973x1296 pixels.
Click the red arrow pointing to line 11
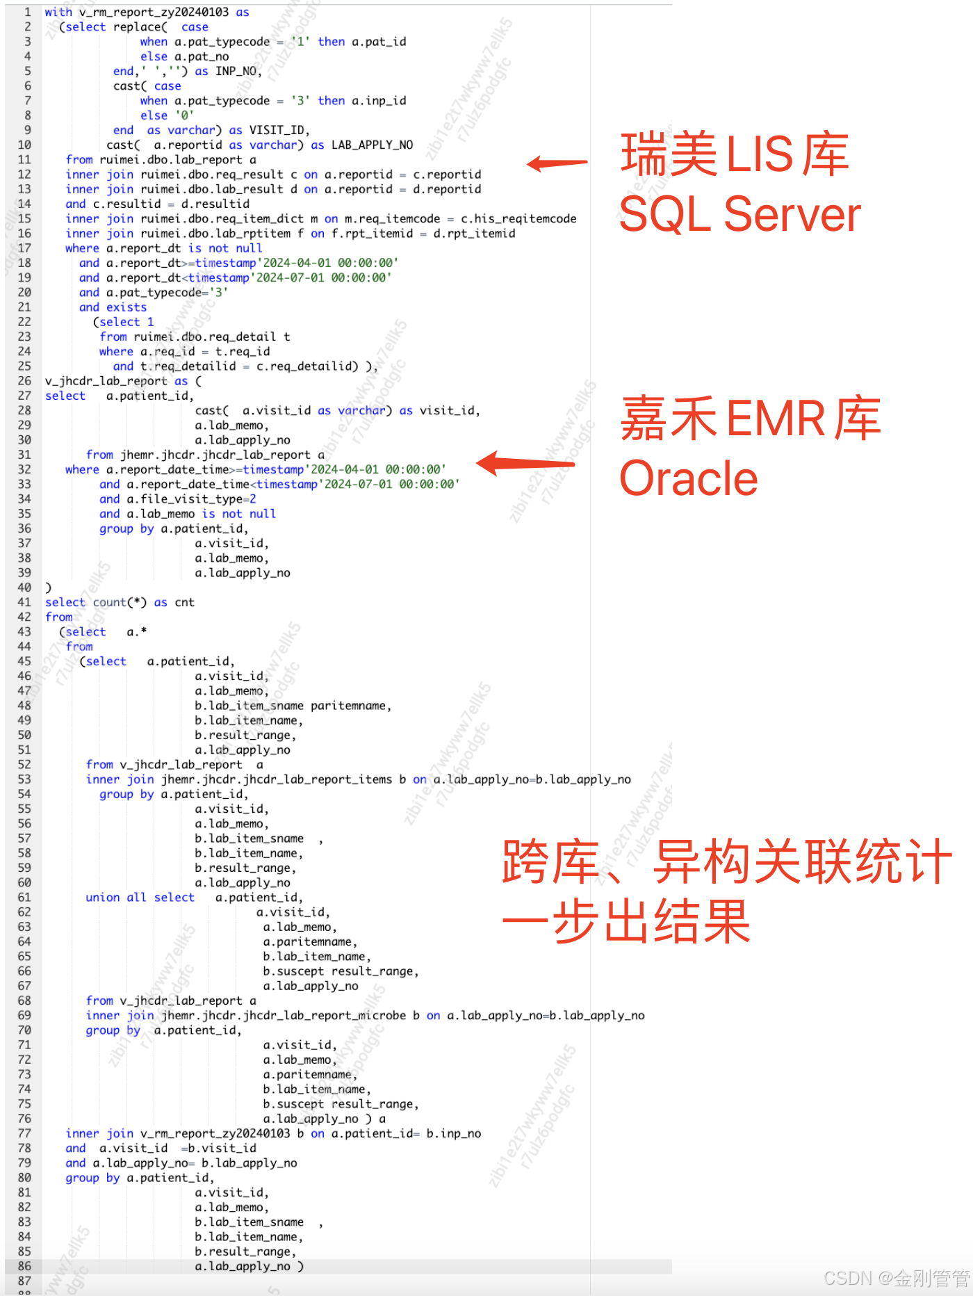pyautogui.click(x=557, y=163)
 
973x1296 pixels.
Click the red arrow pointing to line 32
pyautogui.click(x=525, y=464)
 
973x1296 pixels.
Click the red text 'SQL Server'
pyautogui.click(x=739, y=214)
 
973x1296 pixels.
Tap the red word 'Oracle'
pyautogui.click(x=688, y=479)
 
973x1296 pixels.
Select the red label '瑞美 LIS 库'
pyautogui.click(x=735, y=154)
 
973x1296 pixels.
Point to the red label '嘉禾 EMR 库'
pyautogui.click(x=751, y=419)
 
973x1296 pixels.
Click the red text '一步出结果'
pyautogui.click(x=626, y=921)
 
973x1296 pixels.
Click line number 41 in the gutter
pyautogui.click(x=24, y=602)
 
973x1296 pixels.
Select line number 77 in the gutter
pyautogui.click(x=24, y=1133)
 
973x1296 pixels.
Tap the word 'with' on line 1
pyautogui.click(x=58, y=12)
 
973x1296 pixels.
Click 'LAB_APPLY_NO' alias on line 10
pyautogui.click(x=372, y=145)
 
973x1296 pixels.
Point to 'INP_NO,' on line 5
pyautogui.click(x=238, y=71)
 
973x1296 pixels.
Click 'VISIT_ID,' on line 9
pyautogui.click(x=279, y=130)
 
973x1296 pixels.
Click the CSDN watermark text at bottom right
pyautogui.click(x=896, y=1278)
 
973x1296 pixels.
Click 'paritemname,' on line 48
pyautogui.click(x=351, y=706)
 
